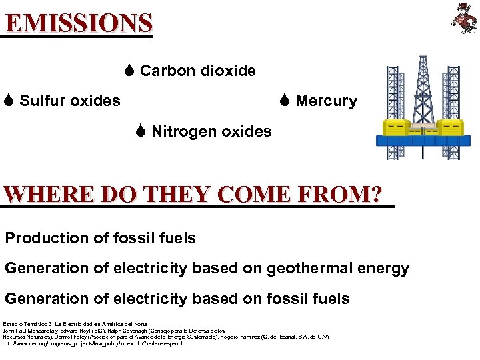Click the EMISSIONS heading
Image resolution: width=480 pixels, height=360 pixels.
pyautogui.click(x=79, y=23)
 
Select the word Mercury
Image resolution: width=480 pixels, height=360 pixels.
pyautogui.click(x=326, y=101)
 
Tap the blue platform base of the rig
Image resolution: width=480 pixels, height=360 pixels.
pyautogui.click(x=423, y=141)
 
